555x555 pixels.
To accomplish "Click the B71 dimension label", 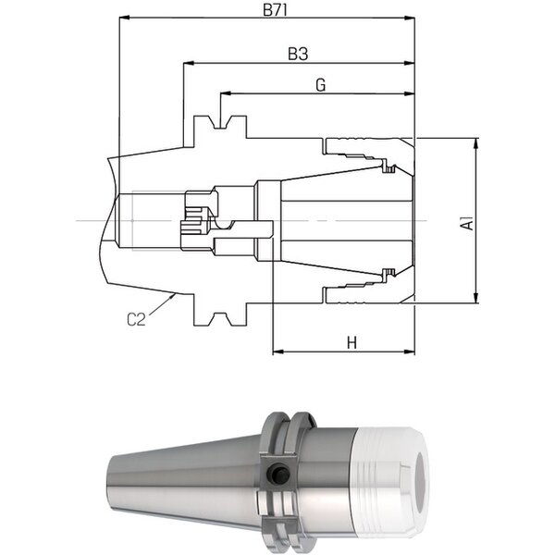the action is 275,10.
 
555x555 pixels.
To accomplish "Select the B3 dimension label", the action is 298,55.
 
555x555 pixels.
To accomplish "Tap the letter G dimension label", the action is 320,85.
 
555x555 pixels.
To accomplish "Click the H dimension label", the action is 351,342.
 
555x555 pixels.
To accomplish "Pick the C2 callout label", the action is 136,320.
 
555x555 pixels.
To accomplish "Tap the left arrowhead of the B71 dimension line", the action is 125,17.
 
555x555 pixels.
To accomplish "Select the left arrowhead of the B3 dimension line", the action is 189,63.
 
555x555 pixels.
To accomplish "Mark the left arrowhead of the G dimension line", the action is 226,93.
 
